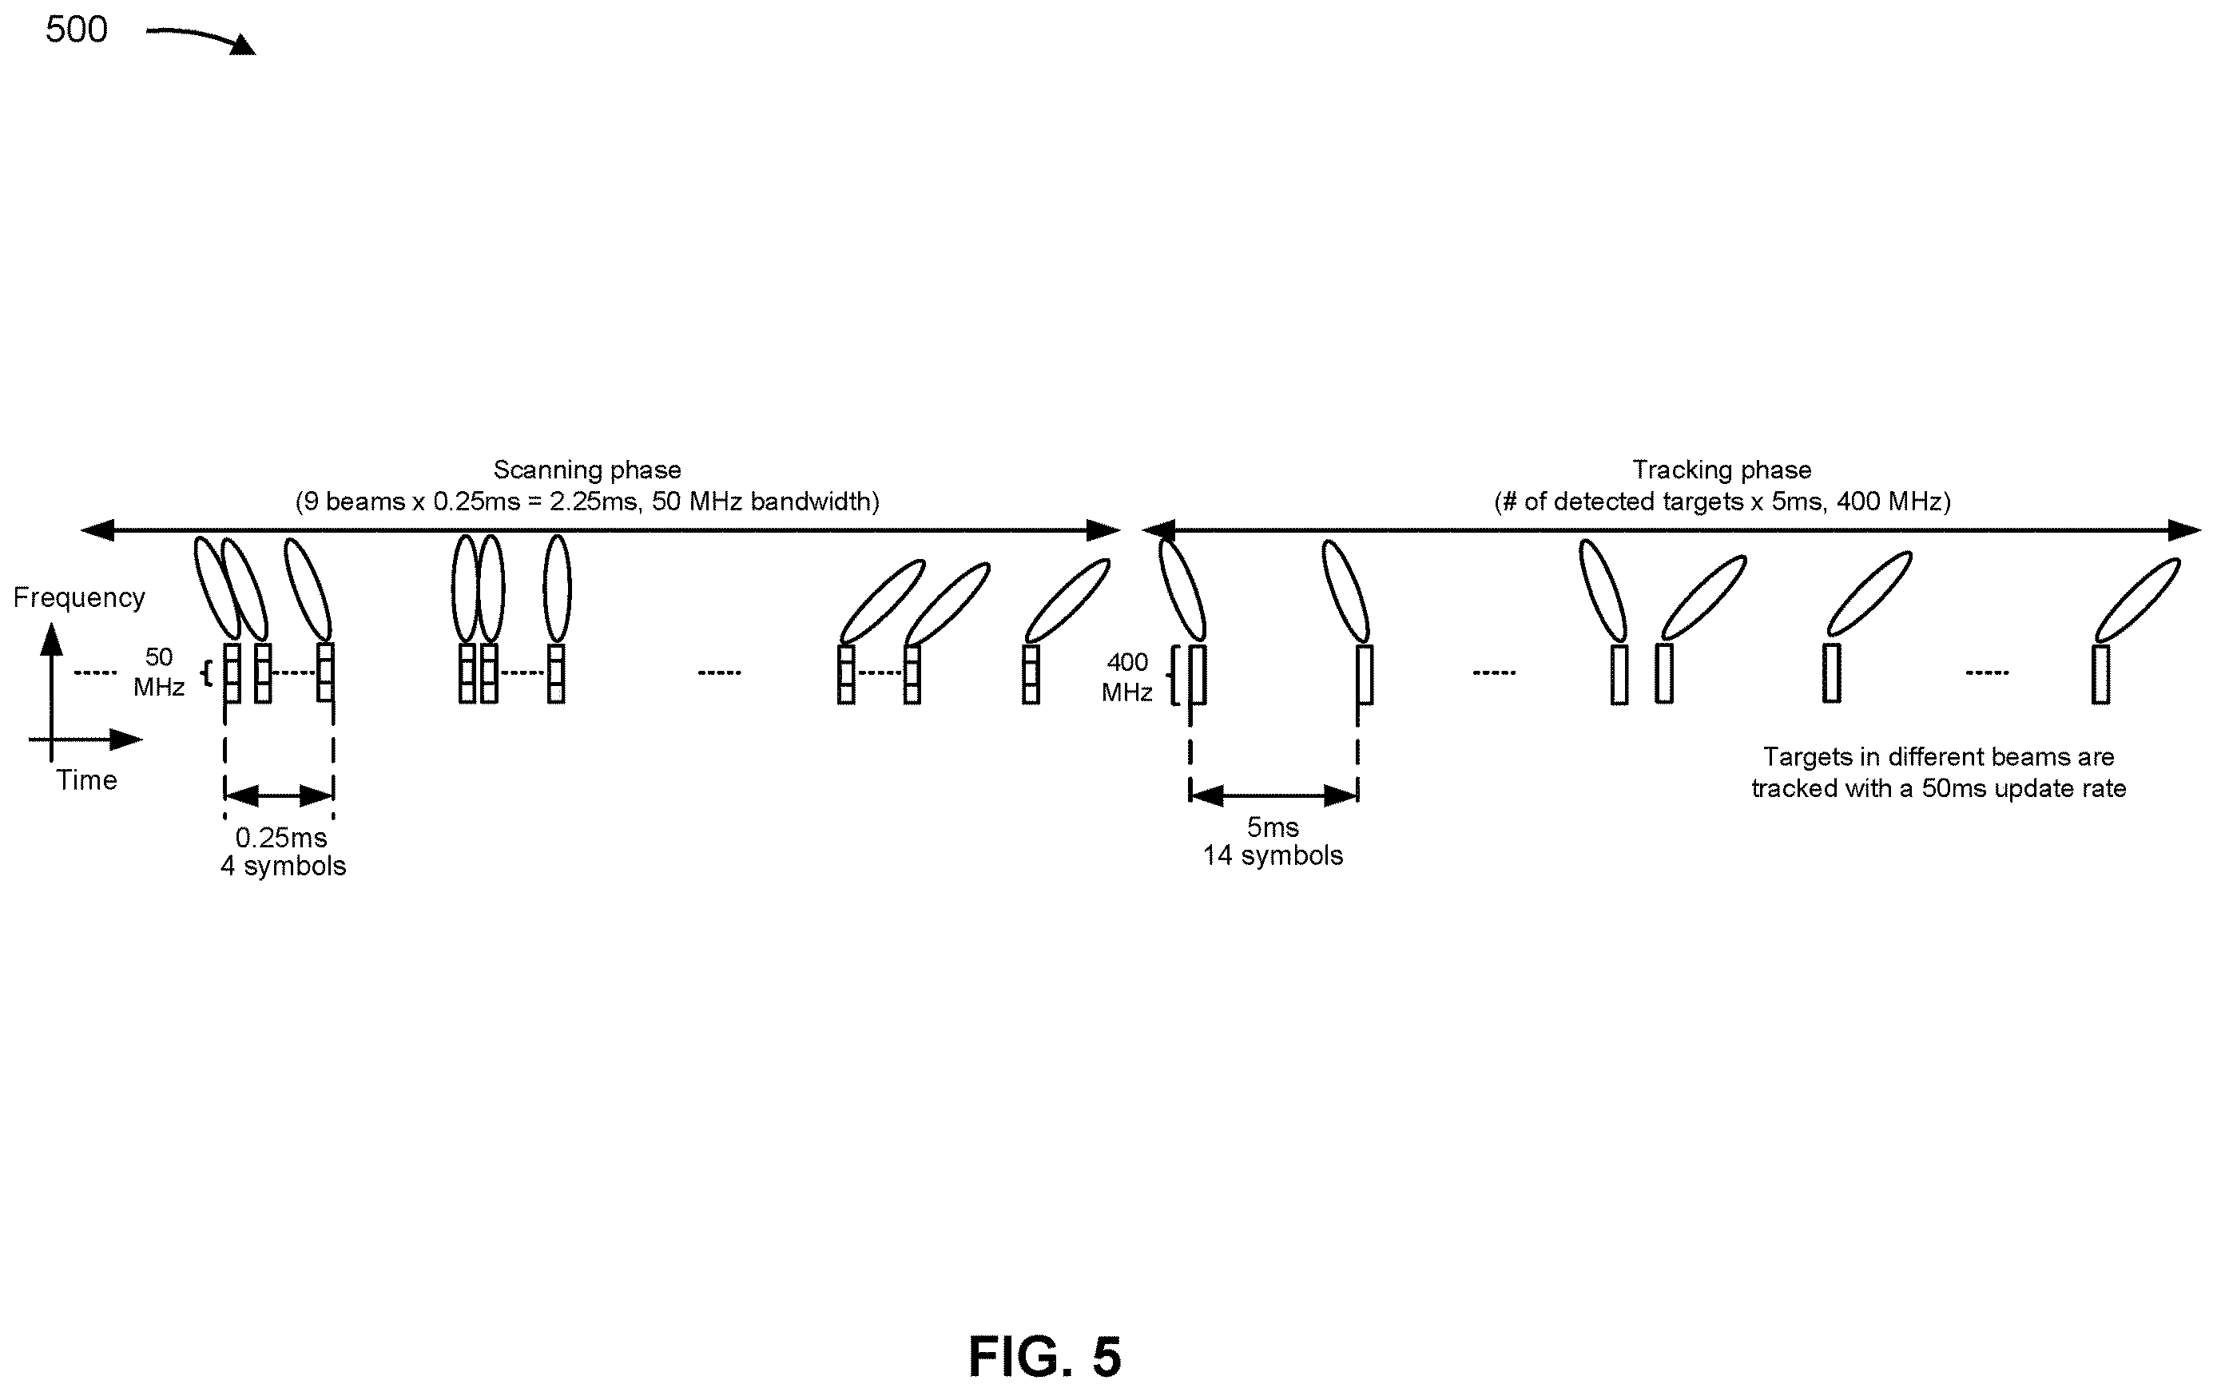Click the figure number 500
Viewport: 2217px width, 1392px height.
pyautogui.click(x=77, y=30)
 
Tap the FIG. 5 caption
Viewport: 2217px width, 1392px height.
pyautogui.click(x=1045, y=1356)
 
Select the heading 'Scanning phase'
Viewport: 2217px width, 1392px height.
pyautogui.click(x=587, y=470)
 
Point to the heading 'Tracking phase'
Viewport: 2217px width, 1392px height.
pyautogui.click(x=1722, y=470)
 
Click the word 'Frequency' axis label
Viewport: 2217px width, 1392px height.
pyautogui.click(x=79, y=597)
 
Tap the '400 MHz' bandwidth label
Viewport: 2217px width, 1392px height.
pyautogui.click(x=1127, y=676)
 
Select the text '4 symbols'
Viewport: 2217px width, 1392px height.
pyautogui.click(x=284, y=866)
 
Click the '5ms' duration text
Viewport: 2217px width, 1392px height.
pyautogui.click(x=1273, y=827)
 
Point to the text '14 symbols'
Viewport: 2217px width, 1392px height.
pyautogui.click(x=1273, y=855)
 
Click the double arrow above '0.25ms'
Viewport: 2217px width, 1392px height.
pyautogui.click(x=279, y=795)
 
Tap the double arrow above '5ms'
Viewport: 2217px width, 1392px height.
pyautogui.click(x=1274, y=795)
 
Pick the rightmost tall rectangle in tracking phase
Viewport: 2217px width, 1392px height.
pyautogui.click(x=2101, y=675)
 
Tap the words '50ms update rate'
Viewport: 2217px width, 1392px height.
pyautogui.click(x=2024, y=789)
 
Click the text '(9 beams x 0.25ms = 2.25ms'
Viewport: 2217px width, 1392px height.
pyautogui.click(x=466, y=502)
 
